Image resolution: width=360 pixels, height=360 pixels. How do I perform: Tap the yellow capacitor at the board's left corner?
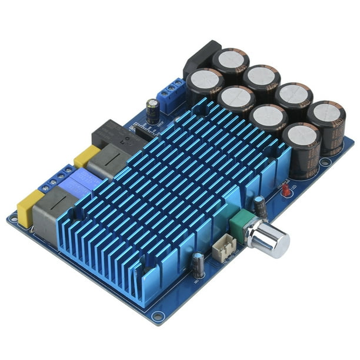point(30,208)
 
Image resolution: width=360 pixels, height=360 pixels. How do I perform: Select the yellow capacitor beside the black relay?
point(86,156)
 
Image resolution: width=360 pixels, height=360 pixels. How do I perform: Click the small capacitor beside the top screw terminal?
point(153,111)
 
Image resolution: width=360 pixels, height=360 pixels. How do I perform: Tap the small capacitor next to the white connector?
point(198,266)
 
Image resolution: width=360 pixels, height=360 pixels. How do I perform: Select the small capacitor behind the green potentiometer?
point(259,207)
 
